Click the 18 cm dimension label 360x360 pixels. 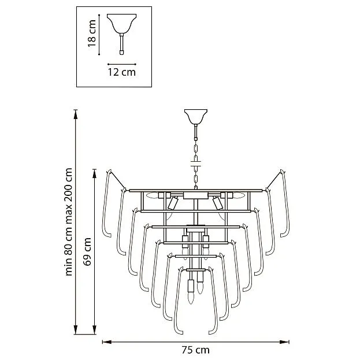92,34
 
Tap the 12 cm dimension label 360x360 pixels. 122,72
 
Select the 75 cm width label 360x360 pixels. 196,350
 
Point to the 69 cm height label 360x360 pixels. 87,251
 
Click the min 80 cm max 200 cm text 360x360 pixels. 69,222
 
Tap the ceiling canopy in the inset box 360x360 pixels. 122,24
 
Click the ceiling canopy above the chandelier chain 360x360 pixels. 196,117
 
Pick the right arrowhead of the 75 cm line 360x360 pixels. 284,342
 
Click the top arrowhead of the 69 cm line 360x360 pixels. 94,174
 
